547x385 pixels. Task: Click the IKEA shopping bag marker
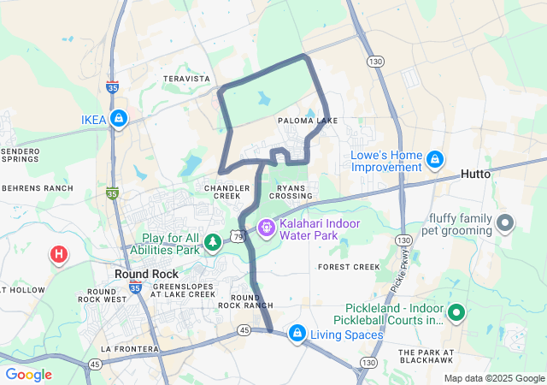(120, 119)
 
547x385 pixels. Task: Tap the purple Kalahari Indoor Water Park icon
(267, 228)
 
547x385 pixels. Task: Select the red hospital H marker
(58, 254)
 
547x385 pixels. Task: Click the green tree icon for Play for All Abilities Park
(212, 244)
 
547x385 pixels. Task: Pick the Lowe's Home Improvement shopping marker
(435, 159)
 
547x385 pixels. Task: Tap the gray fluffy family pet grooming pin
(505, 224)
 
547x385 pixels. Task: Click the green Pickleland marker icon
(456, 314)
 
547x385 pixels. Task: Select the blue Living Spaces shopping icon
(297, 333)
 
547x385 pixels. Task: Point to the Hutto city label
(476, 174)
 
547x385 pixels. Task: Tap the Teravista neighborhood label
(186, 79)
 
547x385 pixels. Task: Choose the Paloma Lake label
(308, 121)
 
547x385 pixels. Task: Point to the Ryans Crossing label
(295, 191)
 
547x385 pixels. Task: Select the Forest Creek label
(348, 267)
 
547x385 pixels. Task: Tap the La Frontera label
(130, 349)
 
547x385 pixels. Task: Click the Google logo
(28, 375)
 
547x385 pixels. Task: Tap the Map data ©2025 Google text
(494, 378)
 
